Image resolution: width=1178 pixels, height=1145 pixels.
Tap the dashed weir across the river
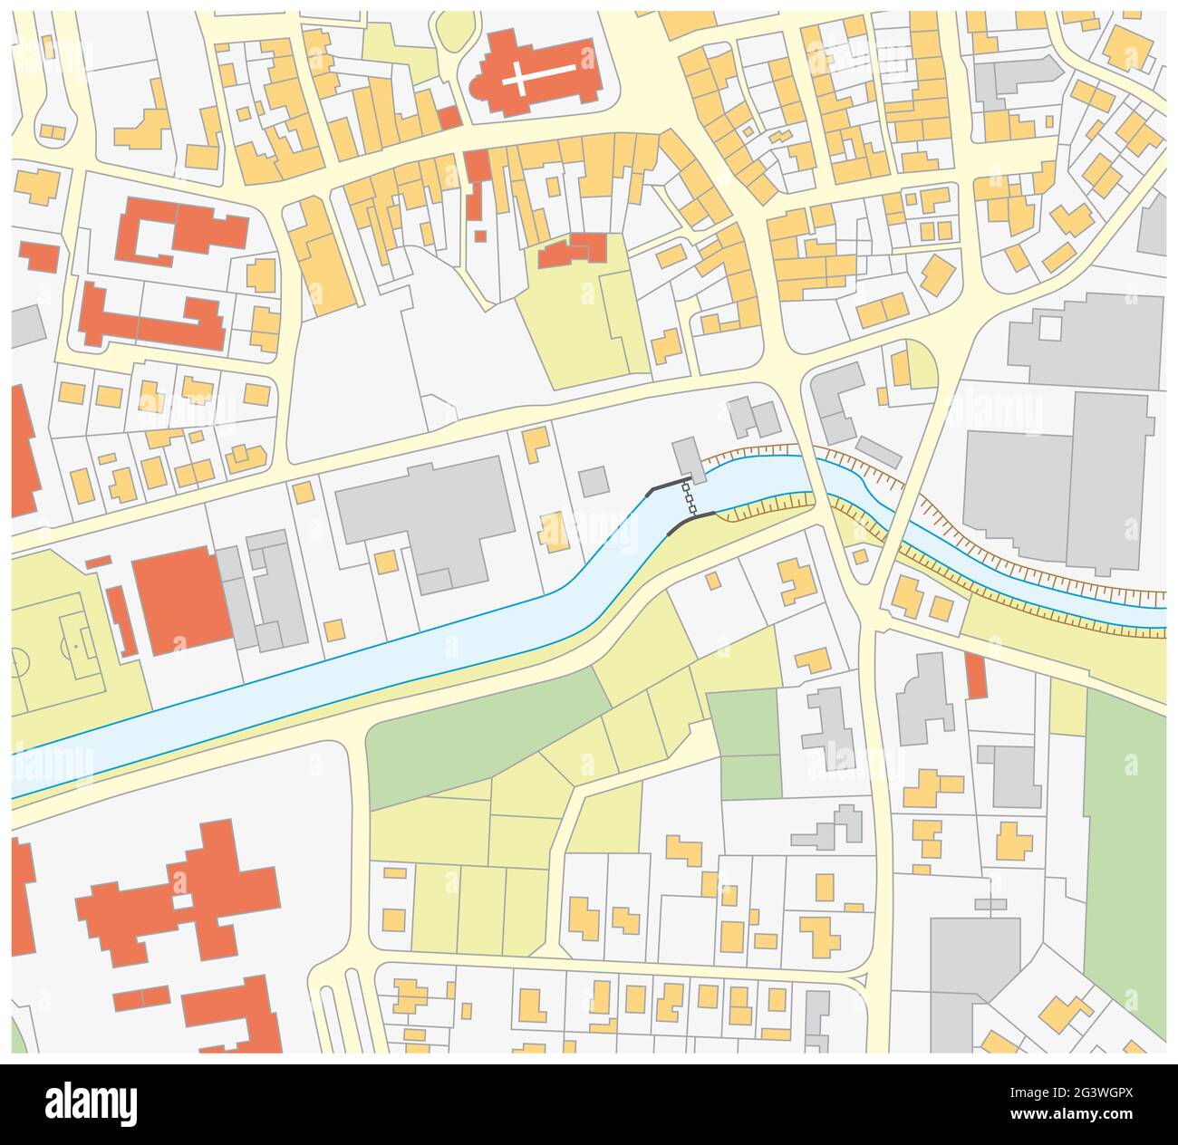tap(689, 499)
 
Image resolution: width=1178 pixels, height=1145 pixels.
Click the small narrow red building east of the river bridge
tap(975, 676)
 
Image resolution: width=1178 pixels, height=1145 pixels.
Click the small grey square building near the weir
tap(594, 480)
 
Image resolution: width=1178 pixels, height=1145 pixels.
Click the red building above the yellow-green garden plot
tap(574, 250)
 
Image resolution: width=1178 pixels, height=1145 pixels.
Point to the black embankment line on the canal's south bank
tap(689, 523)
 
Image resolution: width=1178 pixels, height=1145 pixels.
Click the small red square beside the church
tap(449, 117)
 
